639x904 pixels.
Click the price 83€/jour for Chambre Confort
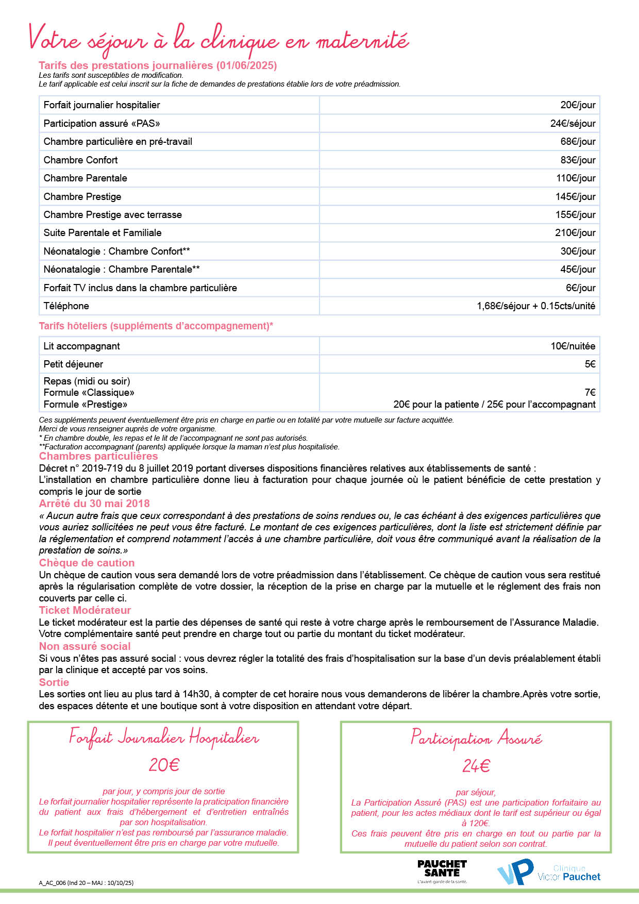pyautogui.click(x=578, y=160)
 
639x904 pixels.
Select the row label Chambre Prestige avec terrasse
pyautogui.click(x=112, y=214)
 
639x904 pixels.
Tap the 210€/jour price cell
pyautogui.click(x=575, y=232)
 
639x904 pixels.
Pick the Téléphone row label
pyautogui.click(x=66, y=306)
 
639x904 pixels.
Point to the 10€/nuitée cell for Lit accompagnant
pyautogui.click(x=573, y=346)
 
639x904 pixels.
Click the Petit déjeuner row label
pyautogui.click(x=73, y=364)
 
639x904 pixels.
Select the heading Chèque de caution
pyautogui.click(x=87, y=563)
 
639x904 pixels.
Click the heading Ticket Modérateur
pyautogui.click(x=85, y=610)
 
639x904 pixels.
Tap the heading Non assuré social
pyautogui.click(x=85, y=646)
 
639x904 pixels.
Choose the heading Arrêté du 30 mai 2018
pyautogui.click(x=94, y=504)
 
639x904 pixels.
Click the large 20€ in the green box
pyautogui.click(x=164, y=765)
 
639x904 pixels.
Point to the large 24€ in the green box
pyautogui.click(x=476, y=766)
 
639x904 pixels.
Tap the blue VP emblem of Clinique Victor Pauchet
pyautogui.click(x=515, y=872)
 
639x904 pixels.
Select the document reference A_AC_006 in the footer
pyautogui.click(x=53, y=882)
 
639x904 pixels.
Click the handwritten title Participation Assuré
pyautogui.click(x=476, y=739)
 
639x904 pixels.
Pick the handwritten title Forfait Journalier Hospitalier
pyautogui.click(x=164, y=738)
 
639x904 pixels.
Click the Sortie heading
pyautogui.click(x=54, y=682)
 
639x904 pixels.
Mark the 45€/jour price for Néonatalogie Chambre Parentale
pyautogui.click(x=578, y=269)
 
